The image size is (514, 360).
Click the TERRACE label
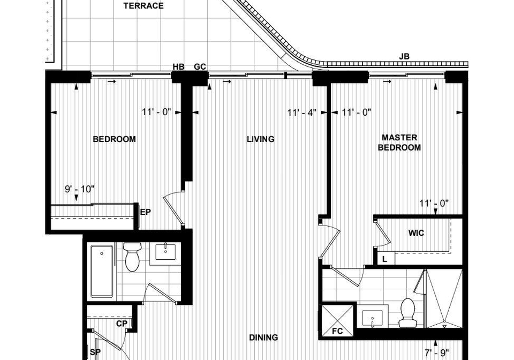[x=143, y=5]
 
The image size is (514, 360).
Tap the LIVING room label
[x=261, y=139]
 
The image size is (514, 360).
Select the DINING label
[x=263, y=337]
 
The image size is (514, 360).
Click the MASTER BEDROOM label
[x=399, y=142]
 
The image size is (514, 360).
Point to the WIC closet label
[x=416, y=233]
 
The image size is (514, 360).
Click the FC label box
[x=338, y=331]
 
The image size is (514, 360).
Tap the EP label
[x=146, y=212]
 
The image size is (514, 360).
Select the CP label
[x=122, y=324]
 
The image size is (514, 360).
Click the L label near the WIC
[x=385, y=259]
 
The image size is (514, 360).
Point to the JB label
[x=404, y=56]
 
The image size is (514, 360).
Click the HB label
[x=179, y=67]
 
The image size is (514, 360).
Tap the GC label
[x=200, y=67]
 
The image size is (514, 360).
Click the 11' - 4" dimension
[x=302, y=113]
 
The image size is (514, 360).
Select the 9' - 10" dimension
[x=80, y=189]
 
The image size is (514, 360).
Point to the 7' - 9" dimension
[x=437, y=353]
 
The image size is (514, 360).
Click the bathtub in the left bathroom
[x=102, y=272]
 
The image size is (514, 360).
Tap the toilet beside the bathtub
[x=132, y=257]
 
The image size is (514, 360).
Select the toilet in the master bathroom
[x=408, y=312]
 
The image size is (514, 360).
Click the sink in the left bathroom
[x=165, y=251]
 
